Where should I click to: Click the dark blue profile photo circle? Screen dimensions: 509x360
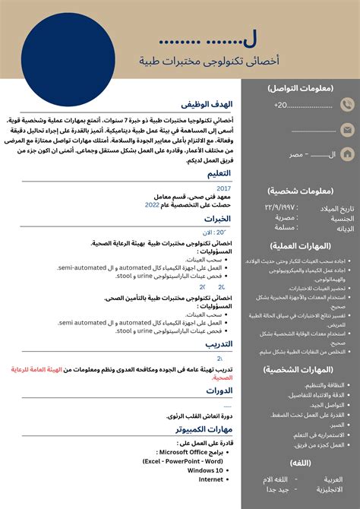69,58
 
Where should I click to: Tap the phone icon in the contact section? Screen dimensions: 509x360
348,105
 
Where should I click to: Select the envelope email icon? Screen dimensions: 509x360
348,130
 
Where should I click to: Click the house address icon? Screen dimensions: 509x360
348,155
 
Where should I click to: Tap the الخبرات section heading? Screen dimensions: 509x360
217,219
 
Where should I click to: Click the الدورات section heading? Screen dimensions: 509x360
219,391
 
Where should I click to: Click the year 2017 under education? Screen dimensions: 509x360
223,188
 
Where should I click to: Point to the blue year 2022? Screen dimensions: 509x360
152,205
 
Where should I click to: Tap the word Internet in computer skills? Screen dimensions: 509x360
211,479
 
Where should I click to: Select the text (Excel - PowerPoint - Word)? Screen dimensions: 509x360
182,461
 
